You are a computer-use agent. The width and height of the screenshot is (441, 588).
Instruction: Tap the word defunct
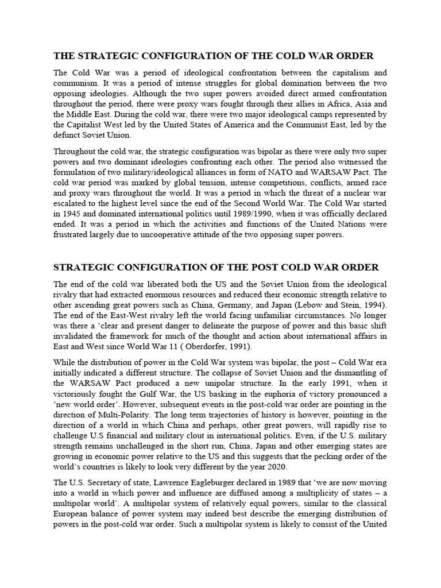(x=69, y=135)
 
